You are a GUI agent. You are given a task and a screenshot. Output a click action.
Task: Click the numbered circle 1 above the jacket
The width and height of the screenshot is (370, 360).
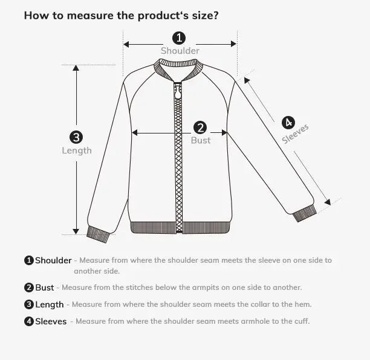pos(180,38)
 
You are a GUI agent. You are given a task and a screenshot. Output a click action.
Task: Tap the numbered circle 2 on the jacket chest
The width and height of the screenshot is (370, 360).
pos(201,127)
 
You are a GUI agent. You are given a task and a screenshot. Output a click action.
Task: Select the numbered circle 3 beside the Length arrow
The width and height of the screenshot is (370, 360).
pos(76,137)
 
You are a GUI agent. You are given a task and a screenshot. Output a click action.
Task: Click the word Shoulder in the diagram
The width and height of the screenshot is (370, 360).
pos(180,51)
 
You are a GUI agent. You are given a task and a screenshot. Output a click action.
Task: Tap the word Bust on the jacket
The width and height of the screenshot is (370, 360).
pos(201,140)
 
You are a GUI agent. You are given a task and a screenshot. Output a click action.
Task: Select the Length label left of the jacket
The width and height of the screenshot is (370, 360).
pos(77,150)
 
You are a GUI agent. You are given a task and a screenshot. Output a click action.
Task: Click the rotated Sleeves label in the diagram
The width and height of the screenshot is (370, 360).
pos(296,134)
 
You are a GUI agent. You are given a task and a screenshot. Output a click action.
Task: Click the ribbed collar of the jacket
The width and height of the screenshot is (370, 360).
pos(178,74)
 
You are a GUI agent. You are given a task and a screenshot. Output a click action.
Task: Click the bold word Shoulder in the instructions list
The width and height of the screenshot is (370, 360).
pos(53,260)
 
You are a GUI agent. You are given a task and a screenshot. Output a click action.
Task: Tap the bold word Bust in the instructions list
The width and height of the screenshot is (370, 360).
pos(44,288)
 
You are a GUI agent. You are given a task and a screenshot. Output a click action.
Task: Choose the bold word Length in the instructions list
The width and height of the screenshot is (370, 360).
pos(49,304)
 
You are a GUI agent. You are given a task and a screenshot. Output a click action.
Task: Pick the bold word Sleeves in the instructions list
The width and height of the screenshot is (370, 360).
pos(51,321)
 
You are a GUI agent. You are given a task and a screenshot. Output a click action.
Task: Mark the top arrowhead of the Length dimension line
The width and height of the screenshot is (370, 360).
pos(76,68)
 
